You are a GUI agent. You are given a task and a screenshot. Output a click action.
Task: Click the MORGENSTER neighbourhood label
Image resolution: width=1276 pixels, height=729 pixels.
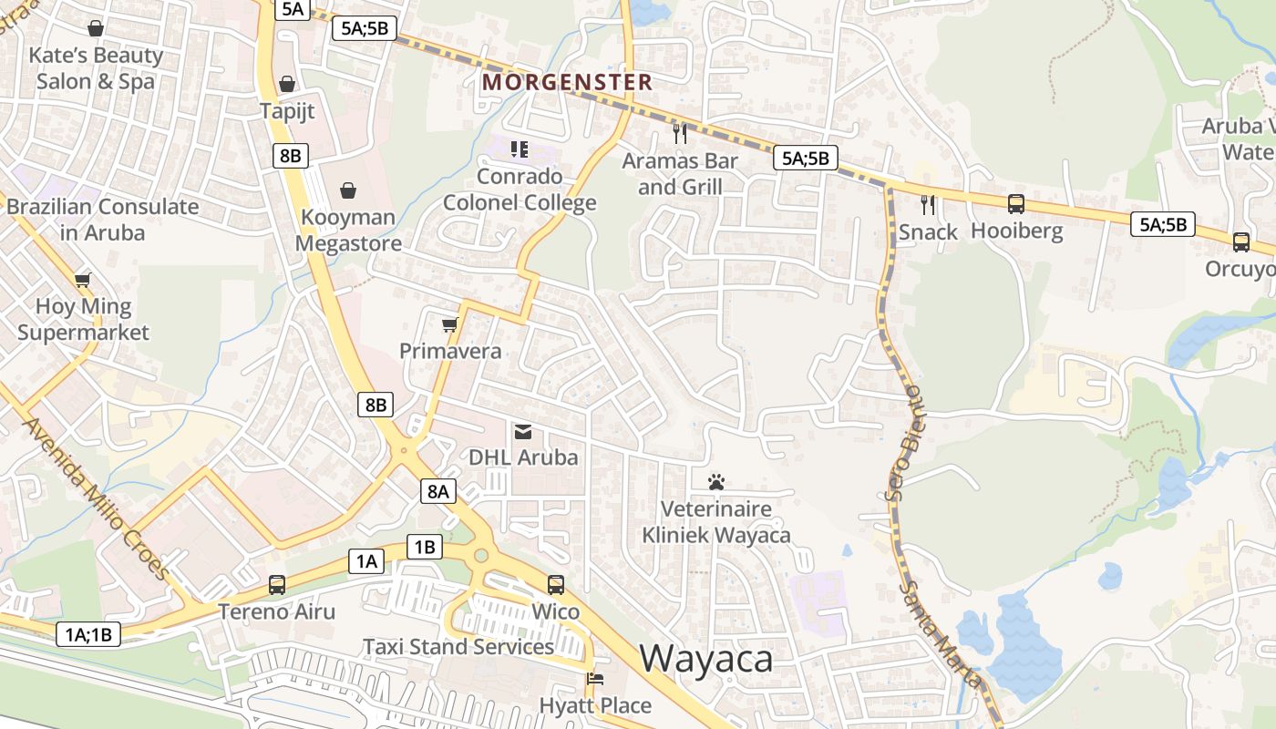click(x=567, y=82)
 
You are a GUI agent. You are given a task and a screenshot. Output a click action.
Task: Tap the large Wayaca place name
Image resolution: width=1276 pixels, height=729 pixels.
click(x=706, y=658)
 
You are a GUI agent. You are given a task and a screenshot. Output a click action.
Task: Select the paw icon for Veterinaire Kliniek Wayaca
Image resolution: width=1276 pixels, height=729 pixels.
click(x=716, y=480)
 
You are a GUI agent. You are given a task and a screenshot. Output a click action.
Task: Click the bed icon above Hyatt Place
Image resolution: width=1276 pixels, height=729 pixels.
click(x=594, y=679)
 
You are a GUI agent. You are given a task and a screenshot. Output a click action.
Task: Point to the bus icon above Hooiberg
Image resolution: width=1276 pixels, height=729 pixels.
click(x=1016, y=204)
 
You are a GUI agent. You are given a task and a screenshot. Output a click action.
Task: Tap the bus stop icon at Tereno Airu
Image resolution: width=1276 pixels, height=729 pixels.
click(x=276, y=585)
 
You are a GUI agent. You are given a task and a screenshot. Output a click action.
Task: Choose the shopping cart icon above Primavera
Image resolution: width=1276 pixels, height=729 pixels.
click(x=449, y=324)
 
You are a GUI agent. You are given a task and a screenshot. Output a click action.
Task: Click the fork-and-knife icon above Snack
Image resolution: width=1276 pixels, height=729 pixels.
click(x=928, y=205)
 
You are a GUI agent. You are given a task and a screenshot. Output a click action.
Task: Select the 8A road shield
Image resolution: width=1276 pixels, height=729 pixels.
click(x=438, y=491)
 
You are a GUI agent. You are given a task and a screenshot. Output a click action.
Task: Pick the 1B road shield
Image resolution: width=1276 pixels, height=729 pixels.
click(x=425, y=547)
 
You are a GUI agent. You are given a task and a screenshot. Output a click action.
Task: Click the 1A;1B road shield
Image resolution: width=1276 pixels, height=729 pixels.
click(x=88, y=634)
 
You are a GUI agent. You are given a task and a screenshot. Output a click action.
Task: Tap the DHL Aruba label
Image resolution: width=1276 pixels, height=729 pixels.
click(x=523, y=457)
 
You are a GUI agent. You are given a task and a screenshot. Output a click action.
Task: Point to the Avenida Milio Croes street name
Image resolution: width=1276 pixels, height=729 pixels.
click(x=96, y=498)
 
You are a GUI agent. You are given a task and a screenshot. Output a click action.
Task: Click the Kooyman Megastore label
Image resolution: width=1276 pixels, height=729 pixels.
click(x=348, y=231)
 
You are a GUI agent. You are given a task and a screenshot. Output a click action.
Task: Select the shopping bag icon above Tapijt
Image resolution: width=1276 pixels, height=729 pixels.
click(x=287, y=84)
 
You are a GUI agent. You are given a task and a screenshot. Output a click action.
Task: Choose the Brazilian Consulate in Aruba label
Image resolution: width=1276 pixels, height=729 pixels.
click(x=102, y=219)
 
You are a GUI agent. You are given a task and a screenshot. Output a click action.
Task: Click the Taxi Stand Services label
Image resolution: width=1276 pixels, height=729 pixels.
click(x=458, y=646)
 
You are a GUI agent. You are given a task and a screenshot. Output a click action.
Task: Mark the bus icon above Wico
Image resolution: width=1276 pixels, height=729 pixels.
click(x=556, y=585)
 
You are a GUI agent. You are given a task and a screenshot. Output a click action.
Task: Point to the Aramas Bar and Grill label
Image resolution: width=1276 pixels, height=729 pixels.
click(x=680, y=174)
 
